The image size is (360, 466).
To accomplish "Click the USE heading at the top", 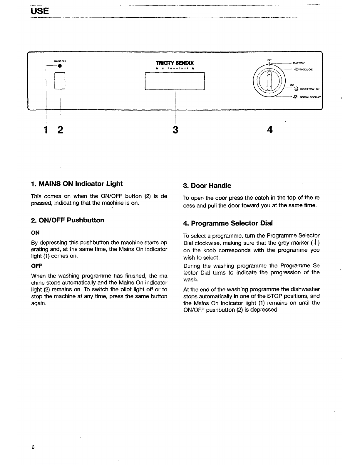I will pyautogui.click(x=40, y=11).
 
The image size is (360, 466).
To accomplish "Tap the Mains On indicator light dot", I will pyautogui.click(x=60, y=66).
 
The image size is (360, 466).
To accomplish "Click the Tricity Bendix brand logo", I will pyautogui.click(x=175, y=63).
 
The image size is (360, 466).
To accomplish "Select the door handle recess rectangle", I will pyautogui.click(x=175, y=81).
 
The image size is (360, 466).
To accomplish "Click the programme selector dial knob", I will pyautogui.click(x=269, y=81).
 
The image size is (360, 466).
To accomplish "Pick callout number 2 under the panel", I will pyautogui.click(x=60, y=129).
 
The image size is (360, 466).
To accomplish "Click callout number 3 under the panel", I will pyautogui.click(x=175, y=129).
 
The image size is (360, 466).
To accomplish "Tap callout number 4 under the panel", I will pyautogui.click(x=270, y=129).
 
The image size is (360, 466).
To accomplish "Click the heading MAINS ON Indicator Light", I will pyautogui.click(x=77, y=184).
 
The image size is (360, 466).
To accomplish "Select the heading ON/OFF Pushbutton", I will pyautogui.click(x=68, y=220).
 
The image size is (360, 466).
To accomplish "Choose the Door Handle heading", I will pyautogui.click(x=207, y=186).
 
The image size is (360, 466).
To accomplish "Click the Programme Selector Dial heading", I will pyautogui.click(x=228, y=223).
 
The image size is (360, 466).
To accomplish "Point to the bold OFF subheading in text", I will pyautogui.click(x=37, y=266).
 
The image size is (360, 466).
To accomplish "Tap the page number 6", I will pyautogui.click(x=33, y=447).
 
